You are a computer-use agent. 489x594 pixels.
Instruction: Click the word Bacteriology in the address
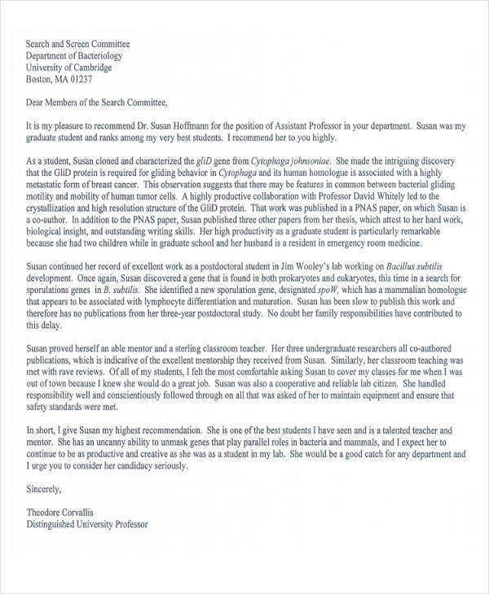[97, 56]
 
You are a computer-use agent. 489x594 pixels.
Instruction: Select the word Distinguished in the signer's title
[56, 525]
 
